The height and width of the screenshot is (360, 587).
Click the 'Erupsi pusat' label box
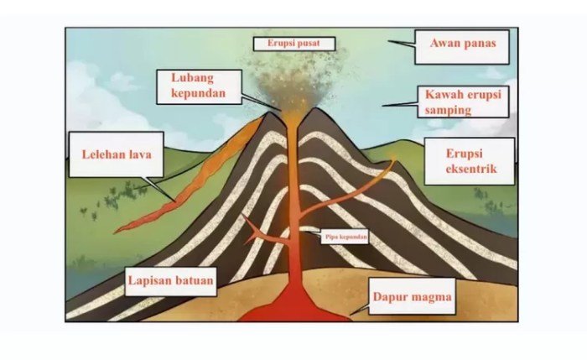(294, 42)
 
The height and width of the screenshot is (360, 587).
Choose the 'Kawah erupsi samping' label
(463, 102)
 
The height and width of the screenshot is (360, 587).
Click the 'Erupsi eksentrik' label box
(468, 160)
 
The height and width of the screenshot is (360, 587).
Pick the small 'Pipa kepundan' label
(346, 237)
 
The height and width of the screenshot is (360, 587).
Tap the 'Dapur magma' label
(412, 296)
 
